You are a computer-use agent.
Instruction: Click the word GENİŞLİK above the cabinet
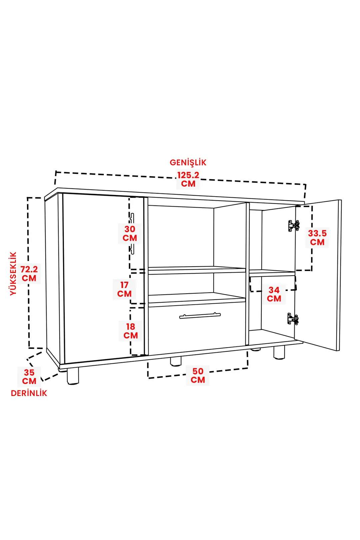click(188, 163)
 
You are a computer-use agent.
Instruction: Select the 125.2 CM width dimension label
click(188, 179)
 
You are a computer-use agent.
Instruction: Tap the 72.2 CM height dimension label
click(29, 274)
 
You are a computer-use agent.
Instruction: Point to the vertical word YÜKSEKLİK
click(13, 274)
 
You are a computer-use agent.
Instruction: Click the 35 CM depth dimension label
click(29, 377)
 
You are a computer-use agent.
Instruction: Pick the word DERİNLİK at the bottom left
click(29, 393)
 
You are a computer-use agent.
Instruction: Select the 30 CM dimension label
click(130, 233)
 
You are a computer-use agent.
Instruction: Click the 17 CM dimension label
click(124, 289)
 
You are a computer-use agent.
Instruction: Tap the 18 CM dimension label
click(131, 331)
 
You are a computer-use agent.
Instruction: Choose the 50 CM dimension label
click(198, 376)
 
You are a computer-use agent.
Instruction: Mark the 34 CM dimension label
click(274, 294)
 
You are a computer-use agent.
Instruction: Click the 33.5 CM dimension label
click(317, 237)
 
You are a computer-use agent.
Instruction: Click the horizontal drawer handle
click(200, 316)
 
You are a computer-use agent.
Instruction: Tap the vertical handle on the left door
click(132, 234)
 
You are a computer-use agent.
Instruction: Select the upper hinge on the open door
click(294, 226)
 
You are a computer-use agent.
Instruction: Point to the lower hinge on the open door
click(293, 319)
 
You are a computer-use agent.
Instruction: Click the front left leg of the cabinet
click(73, 376)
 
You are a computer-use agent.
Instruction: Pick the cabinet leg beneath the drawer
click(176, 361)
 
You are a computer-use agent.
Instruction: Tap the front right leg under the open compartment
click(279, 352)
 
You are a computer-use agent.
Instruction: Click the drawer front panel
click(197, 329)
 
